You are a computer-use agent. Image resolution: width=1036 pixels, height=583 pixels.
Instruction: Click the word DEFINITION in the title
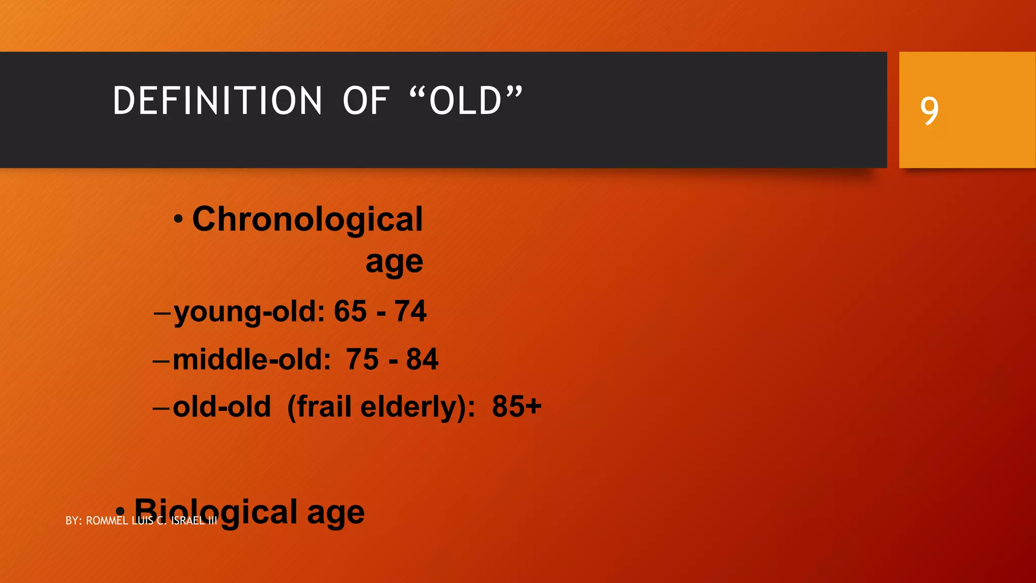point(217,101)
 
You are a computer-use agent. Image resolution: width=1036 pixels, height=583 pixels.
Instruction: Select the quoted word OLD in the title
point(465,101)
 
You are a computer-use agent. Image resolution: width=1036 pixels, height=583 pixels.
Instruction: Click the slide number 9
point(929,110)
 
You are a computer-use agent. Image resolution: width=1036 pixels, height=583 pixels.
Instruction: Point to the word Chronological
point(307,220)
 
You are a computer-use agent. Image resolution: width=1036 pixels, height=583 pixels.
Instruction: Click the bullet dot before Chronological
point(178,220)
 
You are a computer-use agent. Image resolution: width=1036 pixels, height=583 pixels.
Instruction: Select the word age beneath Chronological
point(394,262)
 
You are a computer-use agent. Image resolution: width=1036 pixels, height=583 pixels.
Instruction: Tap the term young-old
point(248,311)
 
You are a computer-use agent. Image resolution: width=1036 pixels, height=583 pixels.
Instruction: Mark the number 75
point(362,359)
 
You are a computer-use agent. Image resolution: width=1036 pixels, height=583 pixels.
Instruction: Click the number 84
point(422,359)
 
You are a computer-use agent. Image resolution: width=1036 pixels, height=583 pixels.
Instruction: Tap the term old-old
point(222,406)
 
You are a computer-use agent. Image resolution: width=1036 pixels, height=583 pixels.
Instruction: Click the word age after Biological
point(335,513)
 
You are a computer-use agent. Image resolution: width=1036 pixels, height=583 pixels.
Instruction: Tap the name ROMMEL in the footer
point(107,521)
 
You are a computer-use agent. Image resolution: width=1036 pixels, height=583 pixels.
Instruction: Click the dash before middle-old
point(161,360)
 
